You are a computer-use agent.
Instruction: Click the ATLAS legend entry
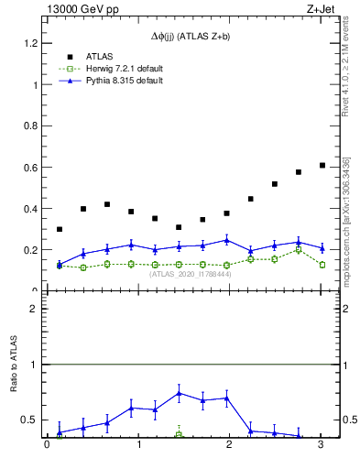pos(101,56)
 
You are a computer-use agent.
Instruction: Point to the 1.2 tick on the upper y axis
pos(30,43)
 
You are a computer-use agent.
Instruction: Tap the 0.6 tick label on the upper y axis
pos(30,168)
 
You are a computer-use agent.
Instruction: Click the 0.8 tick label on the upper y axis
pos(30,126)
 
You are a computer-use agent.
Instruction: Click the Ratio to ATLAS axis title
pos(13,365)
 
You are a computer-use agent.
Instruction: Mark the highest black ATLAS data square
pos(322,165)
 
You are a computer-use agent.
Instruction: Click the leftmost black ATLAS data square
pos(60,229)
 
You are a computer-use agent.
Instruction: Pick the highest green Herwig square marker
pos(299,249)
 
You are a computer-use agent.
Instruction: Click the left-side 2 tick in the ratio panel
pos(33,309)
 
